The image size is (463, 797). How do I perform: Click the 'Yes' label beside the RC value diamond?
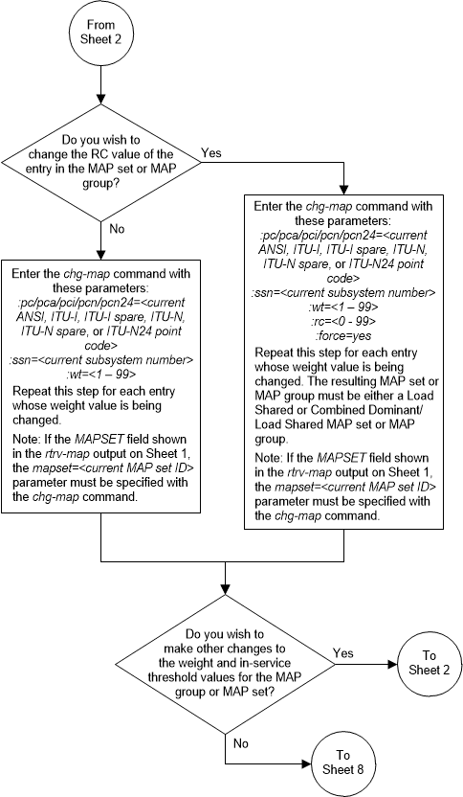[x=213, y=151]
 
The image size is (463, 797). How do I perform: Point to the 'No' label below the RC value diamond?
[x=118, y=228]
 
